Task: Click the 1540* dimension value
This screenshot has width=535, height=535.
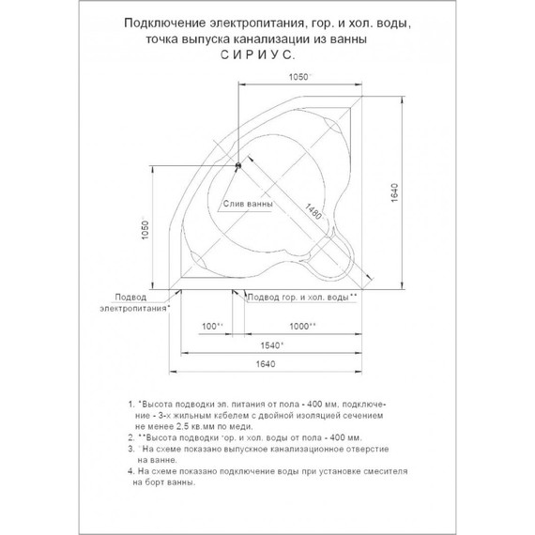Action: point(271,346)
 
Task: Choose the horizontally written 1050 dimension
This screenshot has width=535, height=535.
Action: point(298,77)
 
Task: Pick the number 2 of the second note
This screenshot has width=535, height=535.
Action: point(130,437)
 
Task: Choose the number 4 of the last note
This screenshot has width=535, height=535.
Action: point(130,473)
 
